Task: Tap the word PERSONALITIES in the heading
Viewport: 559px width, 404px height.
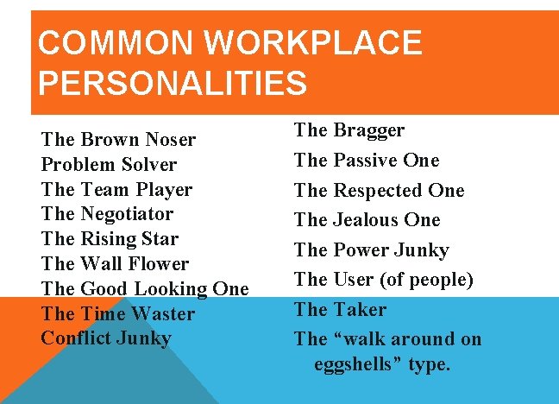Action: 173,84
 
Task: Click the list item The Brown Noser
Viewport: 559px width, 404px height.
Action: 118,140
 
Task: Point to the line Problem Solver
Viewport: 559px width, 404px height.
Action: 109,165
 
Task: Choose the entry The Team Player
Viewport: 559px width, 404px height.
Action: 116,190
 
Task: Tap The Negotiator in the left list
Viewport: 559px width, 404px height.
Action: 107,214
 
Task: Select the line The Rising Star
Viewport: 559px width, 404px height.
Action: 110,239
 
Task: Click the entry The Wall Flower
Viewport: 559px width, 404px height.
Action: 115,264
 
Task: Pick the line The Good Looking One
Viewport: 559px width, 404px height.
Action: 144,289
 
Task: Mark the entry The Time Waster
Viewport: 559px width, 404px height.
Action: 117,314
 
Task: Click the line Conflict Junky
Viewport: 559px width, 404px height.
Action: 106,338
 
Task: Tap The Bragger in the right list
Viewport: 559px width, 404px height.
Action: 349,131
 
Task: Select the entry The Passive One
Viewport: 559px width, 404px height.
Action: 367,161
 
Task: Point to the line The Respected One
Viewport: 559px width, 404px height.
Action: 379,191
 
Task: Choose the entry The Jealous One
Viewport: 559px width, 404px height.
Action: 367,220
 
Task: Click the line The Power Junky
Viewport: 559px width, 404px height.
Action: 371,250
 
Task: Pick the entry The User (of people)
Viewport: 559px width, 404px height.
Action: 383,280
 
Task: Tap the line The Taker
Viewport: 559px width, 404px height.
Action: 340,310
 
